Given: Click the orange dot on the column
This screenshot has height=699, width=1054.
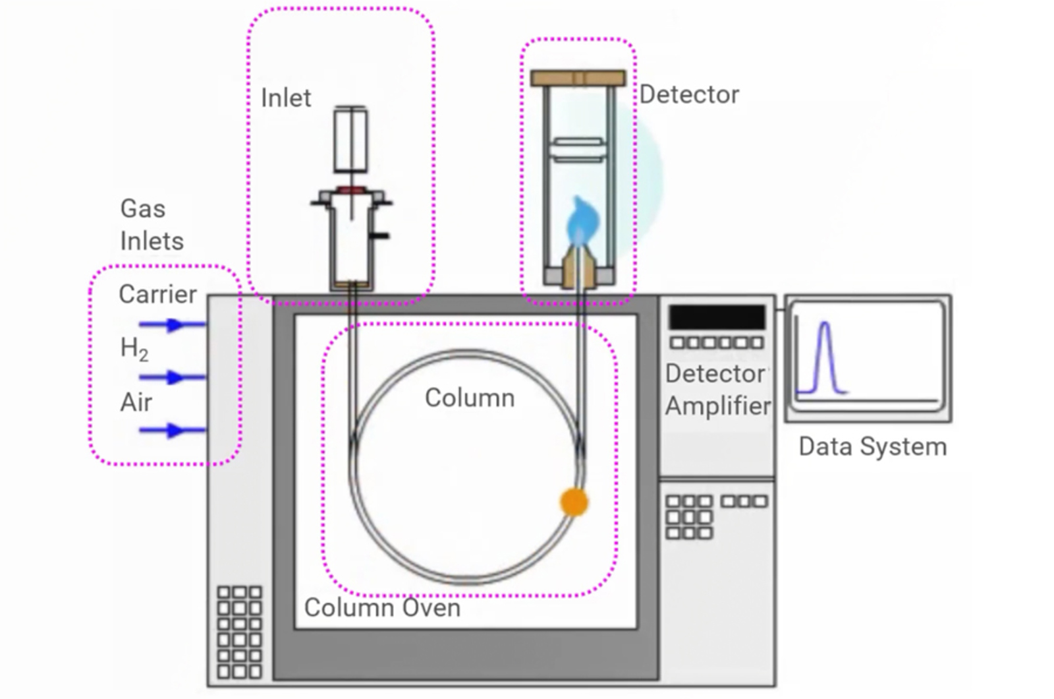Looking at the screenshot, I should pyautogui.click(x=574, y=502).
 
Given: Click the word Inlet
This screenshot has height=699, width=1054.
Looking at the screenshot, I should pyautogui.click(x=286, y=98).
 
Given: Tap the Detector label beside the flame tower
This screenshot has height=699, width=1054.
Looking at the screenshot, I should pyautogui.click(x=689, y=94).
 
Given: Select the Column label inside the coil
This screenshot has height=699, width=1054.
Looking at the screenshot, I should pyautogui.click(x=470, y=398).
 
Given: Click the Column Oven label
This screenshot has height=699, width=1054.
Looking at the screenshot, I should pyautogui.click(x=382, y=607).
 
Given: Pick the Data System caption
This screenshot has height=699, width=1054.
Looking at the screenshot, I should pyautogui.click(x=873, y=446).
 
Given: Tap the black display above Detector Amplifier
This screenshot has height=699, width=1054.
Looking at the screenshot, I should pyautogui.click(x=717, y=317).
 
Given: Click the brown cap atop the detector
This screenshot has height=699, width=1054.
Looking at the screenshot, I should pyautogui.click(x=578, y=78).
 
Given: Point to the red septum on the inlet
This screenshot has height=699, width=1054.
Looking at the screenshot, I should pyautogui.click(x=351, y=191).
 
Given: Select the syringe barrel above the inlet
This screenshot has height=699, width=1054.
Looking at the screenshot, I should pyautogui.click(x=350, y=140).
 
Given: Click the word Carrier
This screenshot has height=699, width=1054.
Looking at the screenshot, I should pyautogui.click(x=157, y=294).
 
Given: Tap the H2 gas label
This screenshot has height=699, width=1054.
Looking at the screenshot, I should pyautogui.click(x=134, y=348).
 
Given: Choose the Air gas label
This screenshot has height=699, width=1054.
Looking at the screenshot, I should pyautogui.click(x=136, y=402).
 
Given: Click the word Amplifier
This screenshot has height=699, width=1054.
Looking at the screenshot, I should pyautogui.click(x=718, y=406).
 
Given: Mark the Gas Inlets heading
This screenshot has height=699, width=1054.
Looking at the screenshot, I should pyautogui.click(x=152, y=225).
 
